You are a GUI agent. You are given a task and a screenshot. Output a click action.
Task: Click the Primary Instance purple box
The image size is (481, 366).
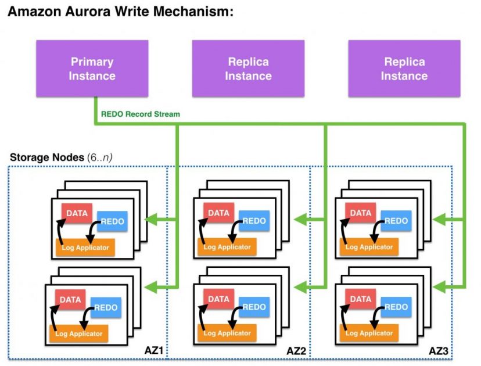pyautogui.click(x=92, y=69)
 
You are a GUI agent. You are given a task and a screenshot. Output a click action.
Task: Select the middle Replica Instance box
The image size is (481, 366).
pyautogui.click(x=248, y=69)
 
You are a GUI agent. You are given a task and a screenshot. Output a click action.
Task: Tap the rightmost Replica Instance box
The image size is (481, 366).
pyautogui.click(x=404, y=69)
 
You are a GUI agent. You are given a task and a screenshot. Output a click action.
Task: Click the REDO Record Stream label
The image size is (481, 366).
pyautogui.click(x=140, y=114)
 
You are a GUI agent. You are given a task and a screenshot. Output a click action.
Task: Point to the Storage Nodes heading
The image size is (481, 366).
pyautogui.click(x=46, y=157)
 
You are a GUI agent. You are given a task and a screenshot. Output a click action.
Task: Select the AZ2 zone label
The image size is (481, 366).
pyautogui.click(x=296, y=350)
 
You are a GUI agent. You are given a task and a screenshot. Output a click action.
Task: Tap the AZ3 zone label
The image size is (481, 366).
pyautogui.click(x=439, y=350)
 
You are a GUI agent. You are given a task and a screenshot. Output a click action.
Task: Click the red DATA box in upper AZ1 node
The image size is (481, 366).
pyautogui.click(x=77, y=213)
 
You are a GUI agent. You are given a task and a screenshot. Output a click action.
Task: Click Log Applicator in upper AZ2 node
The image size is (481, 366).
pyautogui.click(x=227, y=247)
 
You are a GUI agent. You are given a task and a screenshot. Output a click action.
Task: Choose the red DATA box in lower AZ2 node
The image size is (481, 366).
pyautogui.click(x=218, y=300)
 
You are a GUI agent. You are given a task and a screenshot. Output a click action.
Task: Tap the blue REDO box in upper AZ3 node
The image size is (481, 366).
pyautogui.click(x=396, y=221)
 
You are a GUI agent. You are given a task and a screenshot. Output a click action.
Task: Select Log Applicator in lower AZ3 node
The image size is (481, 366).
pyautogui.click(x=368, y=333)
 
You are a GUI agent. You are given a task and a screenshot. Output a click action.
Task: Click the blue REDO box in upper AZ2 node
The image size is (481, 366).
pyautogui.click(x=254, y=221)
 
